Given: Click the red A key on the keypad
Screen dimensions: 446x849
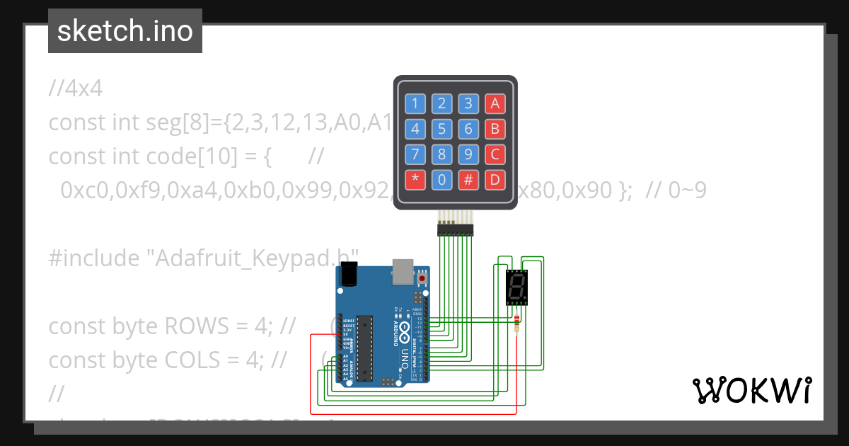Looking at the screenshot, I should (495, 104).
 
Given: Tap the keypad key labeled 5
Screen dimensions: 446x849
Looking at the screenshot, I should (441, 129).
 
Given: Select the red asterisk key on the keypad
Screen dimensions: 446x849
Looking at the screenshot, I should (415, 180).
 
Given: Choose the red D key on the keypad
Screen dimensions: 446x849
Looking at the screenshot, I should (495, 180).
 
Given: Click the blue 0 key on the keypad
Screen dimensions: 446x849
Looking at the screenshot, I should (441, 180).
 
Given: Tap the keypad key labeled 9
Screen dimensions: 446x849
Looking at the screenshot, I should (468, 154).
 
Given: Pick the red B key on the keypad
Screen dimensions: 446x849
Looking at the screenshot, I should (495, 129).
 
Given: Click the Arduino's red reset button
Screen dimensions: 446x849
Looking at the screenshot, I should (423, 278).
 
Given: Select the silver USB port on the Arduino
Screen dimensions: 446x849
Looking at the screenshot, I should (402, 270).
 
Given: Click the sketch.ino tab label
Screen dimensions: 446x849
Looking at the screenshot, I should (125, 31).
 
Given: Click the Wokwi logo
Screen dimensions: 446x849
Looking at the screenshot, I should (751, 390).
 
